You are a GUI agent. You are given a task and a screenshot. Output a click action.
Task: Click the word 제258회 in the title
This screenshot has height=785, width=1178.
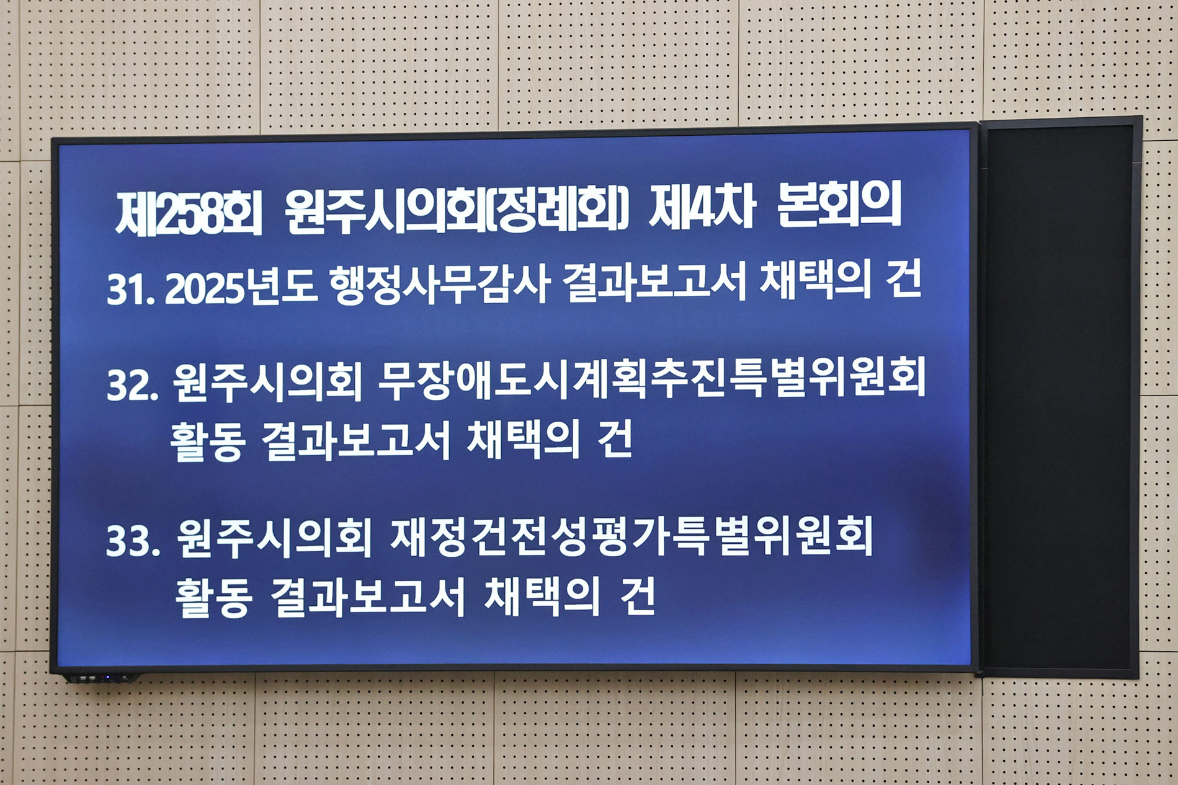[189, 213]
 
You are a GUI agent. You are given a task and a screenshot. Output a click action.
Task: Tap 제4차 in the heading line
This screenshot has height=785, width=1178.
[701, 209]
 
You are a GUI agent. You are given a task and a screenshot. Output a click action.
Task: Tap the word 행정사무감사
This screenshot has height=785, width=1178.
[439, 285]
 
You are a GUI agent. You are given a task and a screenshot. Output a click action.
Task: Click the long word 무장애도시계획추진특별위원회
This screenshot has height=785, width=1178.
[651, 378]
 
